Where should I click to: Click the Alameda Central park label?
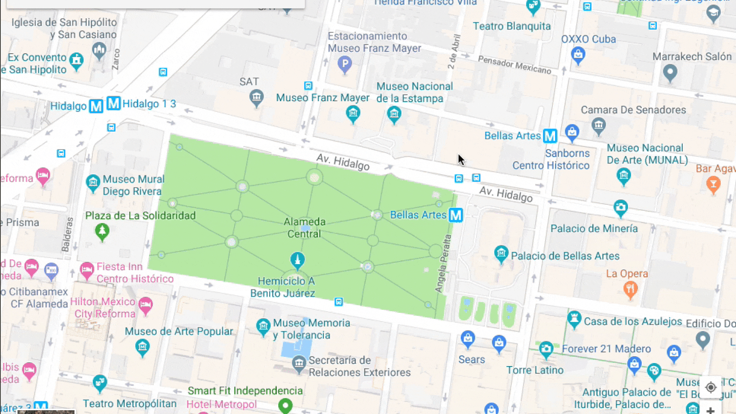click(304, 228)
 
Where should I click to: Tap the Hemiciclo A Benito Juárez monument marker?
click(297, 260)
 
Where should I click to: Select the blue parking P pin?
click(345, 64)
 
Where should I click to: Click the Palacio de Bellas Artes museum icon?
click(501, 253)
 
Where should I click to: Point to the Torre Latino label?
click(535, 370)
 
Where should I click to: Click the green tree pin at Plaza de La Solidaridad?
click(102, 232)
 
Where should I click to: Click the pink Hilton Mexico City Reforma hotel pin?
click(145, 305)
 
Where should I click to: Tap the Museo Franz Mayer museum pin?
click(353, 113)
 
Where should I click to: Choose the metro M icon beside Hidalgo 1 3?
click(113, 103)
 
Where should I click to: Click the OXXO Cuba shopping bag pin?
click(578, 55)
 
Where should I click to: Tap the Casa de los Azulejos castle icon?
click(574, 319)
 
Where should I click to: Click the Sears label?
click(472, 360)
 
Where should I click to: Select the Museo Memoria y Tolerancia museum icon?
click(263, 327)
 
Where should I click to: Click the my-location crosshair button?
click(710, 387)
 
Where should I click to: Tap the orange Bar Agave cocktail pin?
click(713, 184)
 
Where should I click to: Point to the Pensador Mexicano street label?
click(514, 65)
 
